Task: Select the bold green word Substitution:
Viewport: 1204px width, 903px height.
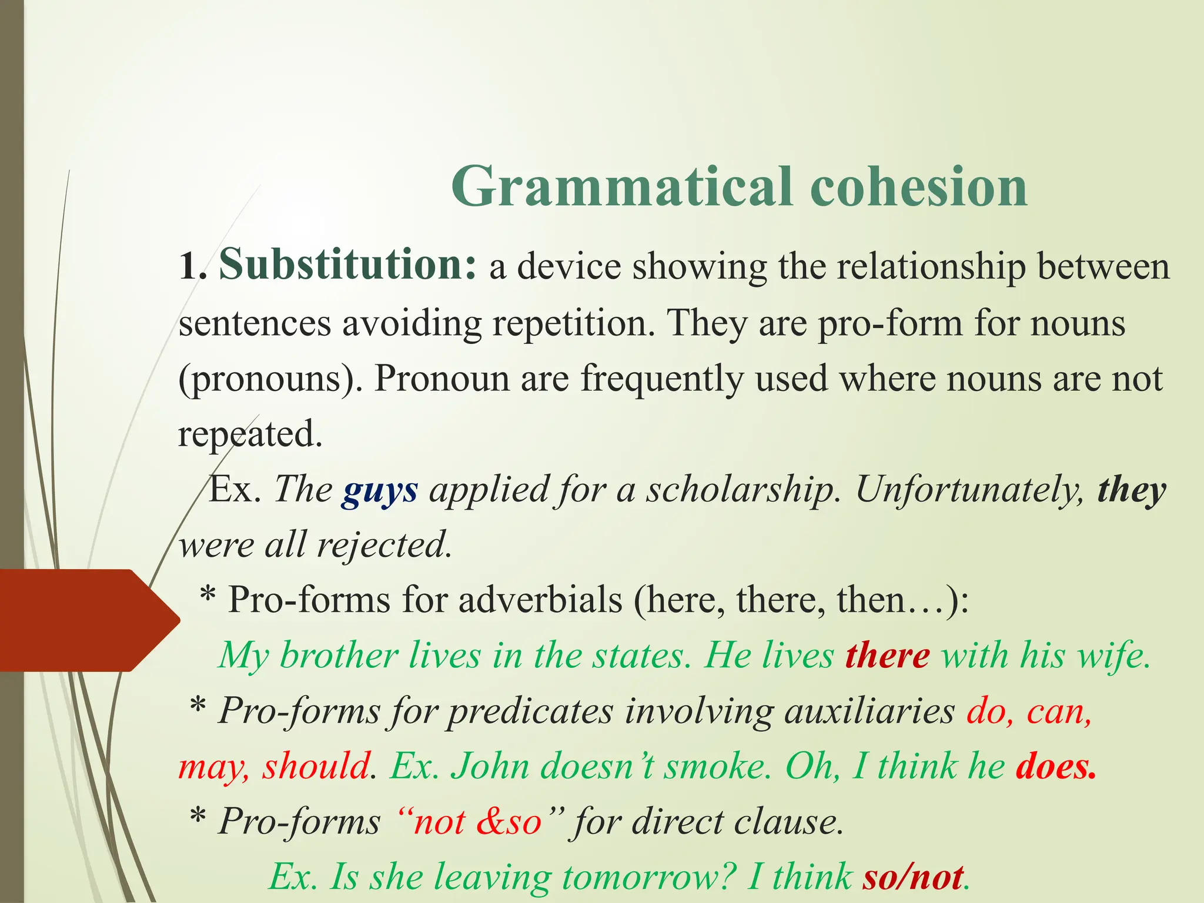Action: coord(347,265)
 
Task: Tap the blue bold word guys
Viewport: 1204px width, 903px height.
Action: coord(380,490)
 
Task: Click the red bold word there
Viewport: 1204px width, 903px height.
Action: coord(887,655)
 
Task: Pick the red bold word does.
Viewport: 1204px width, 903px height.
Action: coord(1056,767)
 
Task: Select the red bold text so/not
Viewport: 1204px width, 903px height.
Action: coord(913,877)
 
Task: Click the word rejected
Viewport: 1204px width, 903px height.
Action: coord(384,544)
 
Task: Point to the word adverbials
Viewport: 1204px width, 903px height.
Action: coord(540,600)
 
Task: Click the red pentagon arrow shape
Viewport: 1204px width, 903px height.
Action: coord(82,620)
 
